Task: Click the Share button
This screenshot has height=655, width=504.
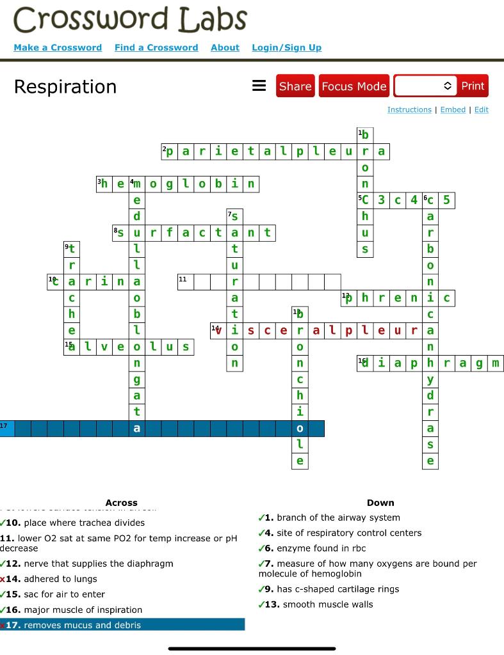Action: click(295, 86)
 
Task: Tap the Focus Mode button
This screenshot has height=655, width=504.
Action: click(354, 86)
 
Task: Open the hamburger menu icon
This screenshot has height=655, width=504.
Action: click(259, 86)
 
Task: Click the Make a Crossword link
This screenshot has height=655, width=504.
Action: click(58, 47)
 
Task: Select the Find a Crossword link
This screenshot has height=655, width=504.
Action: click(156, 47)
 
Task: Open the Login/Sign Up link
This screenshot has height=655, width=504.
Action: click(286, 47)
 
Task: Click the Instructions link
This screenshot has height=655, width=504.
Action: click(409, 109)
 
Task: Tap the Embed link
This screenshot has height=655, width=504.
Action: click(453, 109)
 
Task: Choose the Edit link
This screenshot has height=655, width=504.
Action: click(482, 109)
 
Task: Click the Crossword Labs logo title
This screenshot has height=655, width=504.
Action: click(130, 20)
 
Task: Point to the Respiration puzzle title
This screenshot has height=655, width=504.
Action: click(65, 86)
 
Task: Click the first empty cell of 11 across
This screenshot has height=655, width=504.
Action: click(186, 282)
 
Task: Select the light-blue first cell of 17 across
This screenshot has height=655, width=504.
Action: click(7, 428)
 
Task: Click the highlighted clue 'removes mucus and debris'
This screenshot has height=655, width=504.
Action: click(82, 625)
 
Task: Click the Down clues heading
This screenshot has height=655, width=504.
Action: click(380, 503)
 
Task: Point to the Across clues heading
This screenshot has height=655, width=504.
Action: click(121, 503)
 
